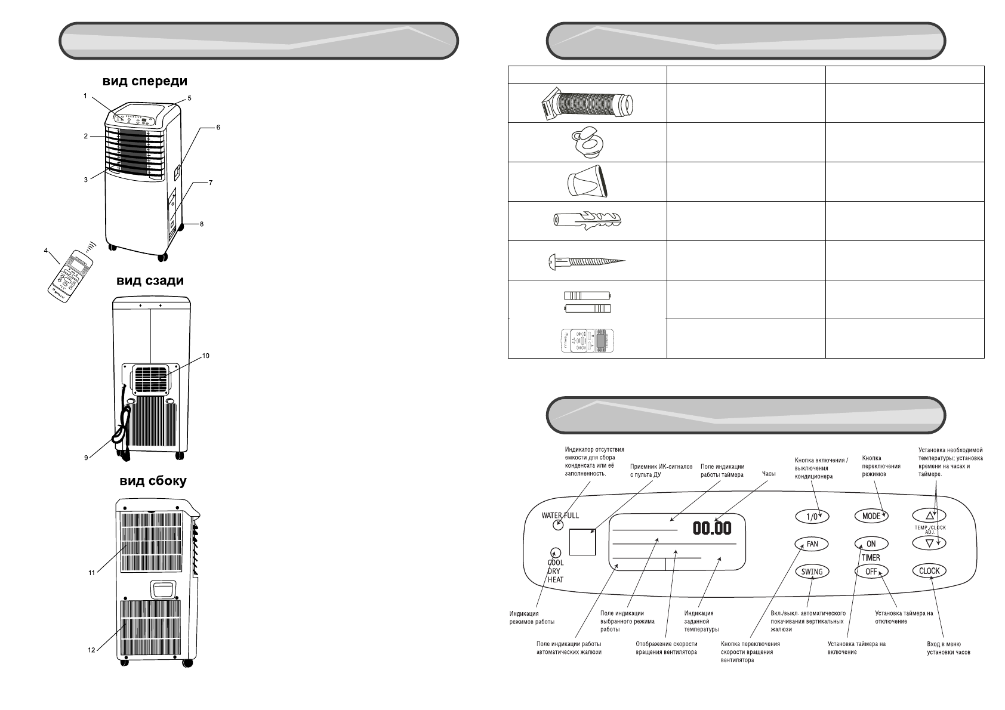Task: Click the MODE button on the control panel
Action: (871, 516)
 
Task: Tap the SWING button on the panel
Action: (812, 571)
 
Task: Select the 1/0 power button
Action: (812, 516)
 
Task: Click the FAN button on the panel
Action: (812, 544)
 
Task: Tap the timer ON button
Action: (871, 544)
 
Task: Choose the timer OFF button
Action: (871, 571)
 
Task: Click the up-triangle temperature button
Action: (929, 515)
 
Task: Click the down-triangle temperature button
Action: (929, 543)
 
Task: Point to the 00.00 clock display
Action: (711, 529)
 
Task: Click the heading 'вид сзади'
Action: (150, 280)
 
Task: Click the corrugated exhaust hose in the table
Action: (587, 103)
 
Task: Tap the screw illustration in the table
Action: (587, 261)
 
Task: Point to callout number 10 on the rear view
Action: (205, 356)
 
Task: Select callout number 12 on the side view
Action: (91, 650)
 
